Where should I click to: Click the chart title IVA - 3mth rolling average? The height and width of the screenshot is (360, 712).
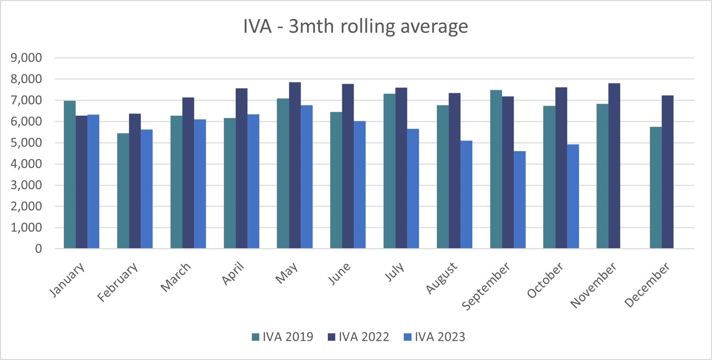coord(355,26)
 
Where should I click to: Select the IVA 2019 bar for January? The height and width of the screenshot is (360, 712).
coord(70,175)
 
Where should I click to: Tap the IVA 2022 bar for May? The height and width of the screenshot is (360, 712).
coord(295,165)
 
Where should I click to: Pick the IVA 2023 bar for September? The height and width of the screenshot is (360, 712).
coord(520,200)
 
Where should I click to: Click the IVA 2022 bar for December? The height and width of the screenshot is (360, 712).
coord(667,172)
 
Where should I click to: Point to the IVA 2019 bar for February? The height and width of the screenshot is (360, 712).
coord(123,191)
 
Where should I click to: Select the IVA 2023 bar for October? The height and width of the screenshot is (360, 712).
coord(573,197)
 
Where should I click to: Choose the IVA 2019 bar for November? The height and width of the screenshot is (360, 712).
coord(602,176)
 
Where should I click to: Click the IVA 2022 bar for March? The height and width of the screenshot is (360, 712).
coord(188,173)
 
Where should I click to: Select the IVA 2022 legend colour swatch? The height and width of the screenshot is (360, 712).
coord(332,337)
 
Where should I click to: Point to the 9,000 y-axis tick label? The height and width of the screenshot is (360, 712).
coord(26,58)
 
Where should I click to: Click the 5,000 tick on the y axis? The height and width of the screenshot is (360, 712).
coord(26,143)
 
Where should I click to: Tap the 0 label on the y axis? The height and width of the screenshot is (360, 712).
coord(38,249)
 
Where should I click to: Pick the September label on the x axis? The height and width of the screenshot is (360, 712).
coord(486,286)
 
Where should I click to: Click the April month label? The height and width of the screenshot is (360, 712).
coord(233,274)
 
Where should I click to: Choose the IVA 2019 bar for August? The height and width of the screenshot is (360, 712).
coord(443,177)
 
